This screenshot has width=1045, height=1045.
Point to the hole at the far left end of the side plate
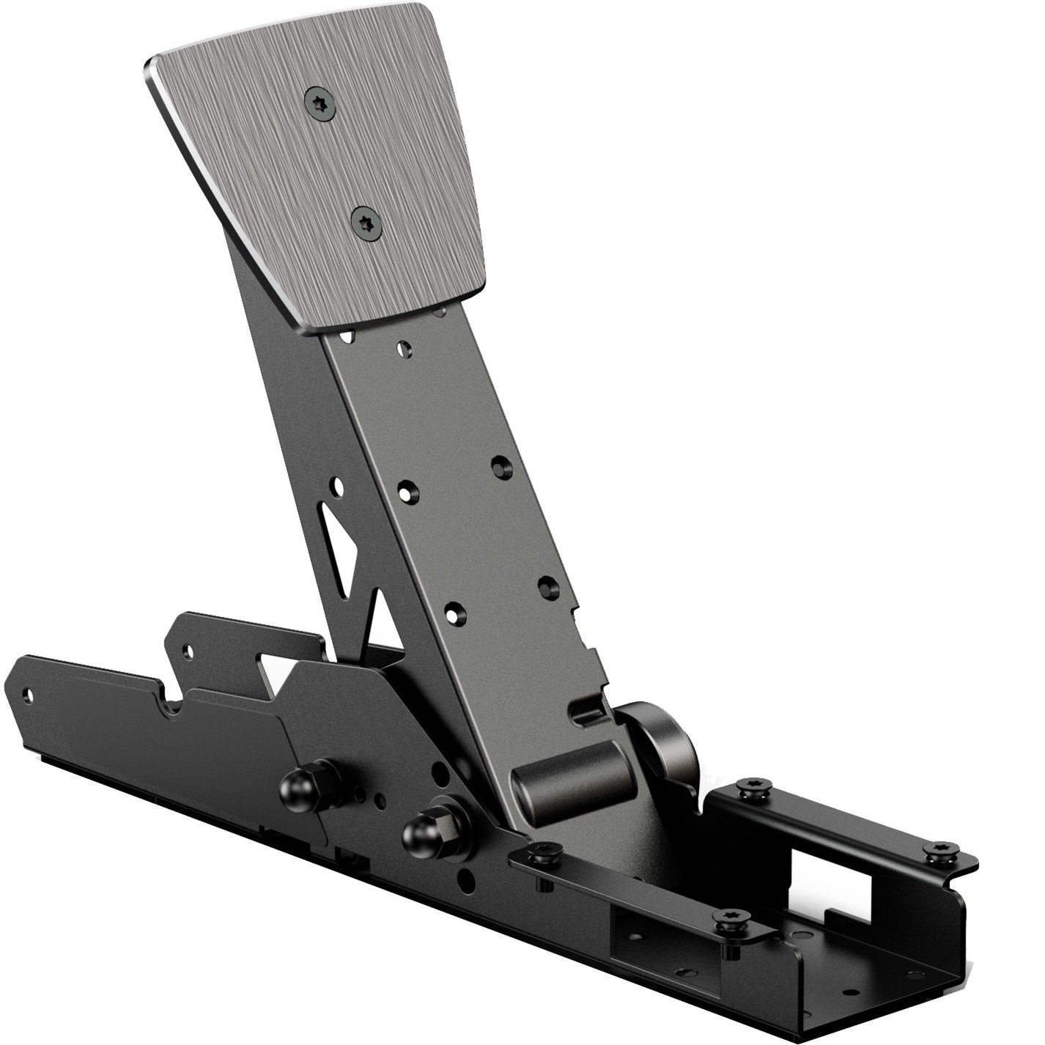(29, 692)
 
